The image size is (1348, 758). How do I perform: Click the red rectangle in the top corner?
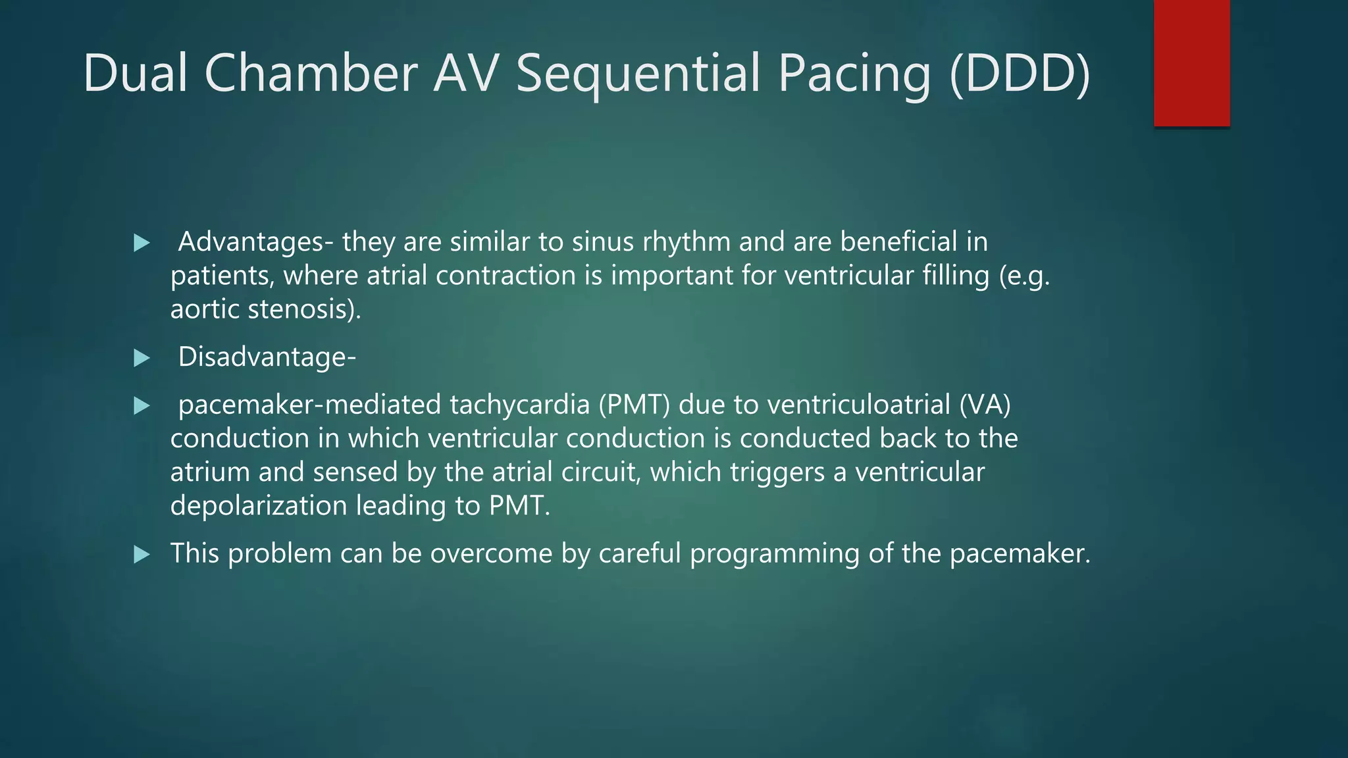(1191, 63)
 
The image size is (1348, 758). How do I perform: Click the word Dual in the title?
(136, 73)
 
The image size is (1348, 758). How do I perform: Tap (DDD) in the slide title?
(1020, 73)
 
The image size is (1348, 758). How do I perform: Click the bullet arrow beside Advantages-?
(142, 243)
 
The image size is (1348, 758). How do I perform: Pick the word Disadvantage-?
(267, 357)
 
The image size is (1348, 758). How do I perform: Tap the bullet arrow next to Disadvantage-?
(142, 359)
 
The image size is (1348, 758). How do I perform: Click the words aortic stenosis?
(265, 309)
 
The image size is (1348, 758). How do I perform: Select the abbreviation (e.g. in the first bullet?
(1024, 276)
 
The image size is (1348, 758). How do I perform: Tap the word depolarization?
(259, 506)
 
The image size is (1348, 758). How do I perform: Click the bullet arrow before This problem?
(142, 555)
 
